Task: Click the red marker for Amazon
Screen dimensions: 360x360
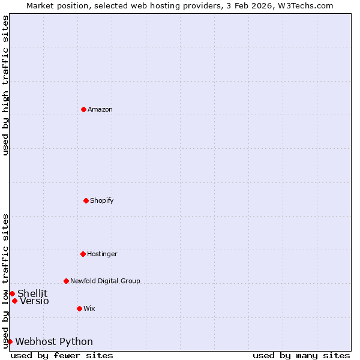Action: click(83, 109)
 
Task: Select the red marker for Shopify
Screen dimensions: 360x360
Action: click(86, 200)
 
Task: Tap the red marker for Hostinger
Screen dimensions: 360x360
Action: click(83, 254)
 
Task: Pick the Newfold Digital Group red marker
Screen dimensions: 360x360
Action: click(66, 281)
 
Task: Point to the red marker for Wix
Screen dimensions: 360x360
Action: click(79, 308)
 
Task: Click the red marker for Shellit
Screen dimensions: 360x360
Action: click(12, 293)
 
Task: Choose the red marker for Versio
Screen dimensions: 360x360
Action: click(14, 301)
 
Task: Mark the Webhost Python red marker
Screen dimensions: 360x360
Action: click(10, 341)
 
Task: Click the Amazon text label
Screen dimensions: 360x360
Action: click(100, 109)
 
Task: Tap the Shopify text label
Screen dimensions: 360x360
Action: click(102, 200)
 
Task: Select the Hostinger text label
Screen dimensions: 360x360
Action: click(102, 254)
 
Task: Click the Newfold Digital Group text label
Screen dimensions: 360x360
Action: click(105, 281)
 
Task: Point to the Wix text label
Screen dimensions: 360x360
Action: click(89, 308)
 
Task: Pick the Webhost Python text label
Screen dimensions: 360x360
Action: click(54, 341)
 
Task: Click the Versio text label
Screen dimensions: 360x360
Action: click(34, 301)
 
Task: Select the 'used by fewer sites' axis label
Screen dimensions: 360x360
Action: click(62, 355)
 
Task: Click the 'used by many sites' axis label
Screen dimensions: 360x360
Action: click(301, 355)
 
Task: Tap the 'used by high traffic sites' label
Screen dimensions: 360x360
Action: click(5, 85)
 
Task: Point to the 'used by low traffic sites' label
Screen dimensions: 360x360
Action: click(5, 281)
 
